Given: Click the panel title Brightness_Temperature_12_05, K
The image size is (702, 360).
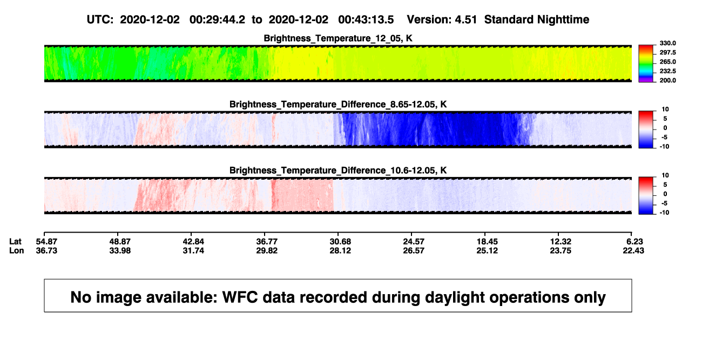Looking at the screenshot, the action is [x=338, y=38].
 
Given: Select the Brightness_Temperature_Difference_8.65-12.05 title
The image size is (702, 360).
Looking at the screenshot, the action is [x=338, y=104].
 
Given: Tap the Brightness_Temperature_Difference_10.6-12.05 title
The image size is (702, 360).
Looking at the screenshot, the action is [x=338, y=171].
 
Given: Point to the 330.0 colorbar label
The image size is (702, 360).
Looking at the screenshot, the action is [x=667, y=43].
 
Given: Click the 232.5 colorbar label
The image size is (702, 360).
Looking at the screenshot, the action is [x=667, y=71].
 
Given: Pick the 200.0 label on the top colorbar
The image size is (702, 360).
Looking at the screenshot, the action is [x=667, y=80].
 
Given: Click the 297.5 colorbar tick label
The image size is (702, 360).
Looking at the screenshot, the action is [x=667, y=53].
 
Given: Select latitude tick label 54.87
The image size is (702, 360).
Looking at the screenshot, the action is [x=46, y=242].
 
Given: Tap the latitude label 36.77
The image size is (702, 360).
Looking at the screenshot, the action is [x=267, y=242].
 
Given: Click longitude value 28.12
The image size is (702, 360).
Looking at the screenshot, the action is [x=340, y=250].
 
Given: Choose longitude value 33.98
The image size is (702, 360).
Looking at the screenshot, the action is [x=120, y=250].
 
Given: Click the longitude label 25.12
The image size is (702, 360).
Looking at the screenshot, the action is [x=487, y=250].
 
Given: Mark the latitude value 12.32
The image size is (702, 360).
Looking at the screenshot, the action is [x=561, y=242].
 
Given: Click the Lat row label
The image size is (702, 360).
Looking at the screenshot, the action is [x=15, y=242].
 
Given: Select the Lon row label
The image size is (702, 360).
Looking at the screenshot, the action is [x=16, y=250].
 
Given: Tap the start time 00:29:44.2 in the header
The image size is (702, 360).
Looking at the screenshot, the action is [x=217, y=20].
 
